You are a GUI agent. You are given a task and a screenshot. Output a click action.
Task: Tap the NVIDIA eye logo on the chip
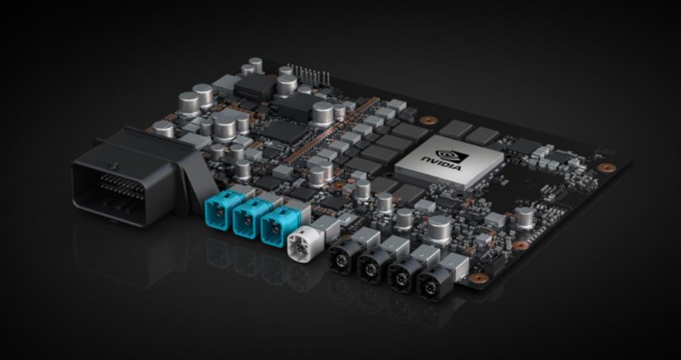coord(451,156)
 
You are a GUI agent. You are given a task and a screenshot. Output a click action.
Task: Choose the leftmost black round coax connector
coord(342,255)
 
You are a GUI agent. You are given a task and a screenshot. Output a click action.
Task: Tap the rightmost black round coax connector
coord(435,282)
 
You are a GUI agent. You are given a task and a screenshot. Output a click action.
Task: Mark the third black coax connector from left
coord(403,273)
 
